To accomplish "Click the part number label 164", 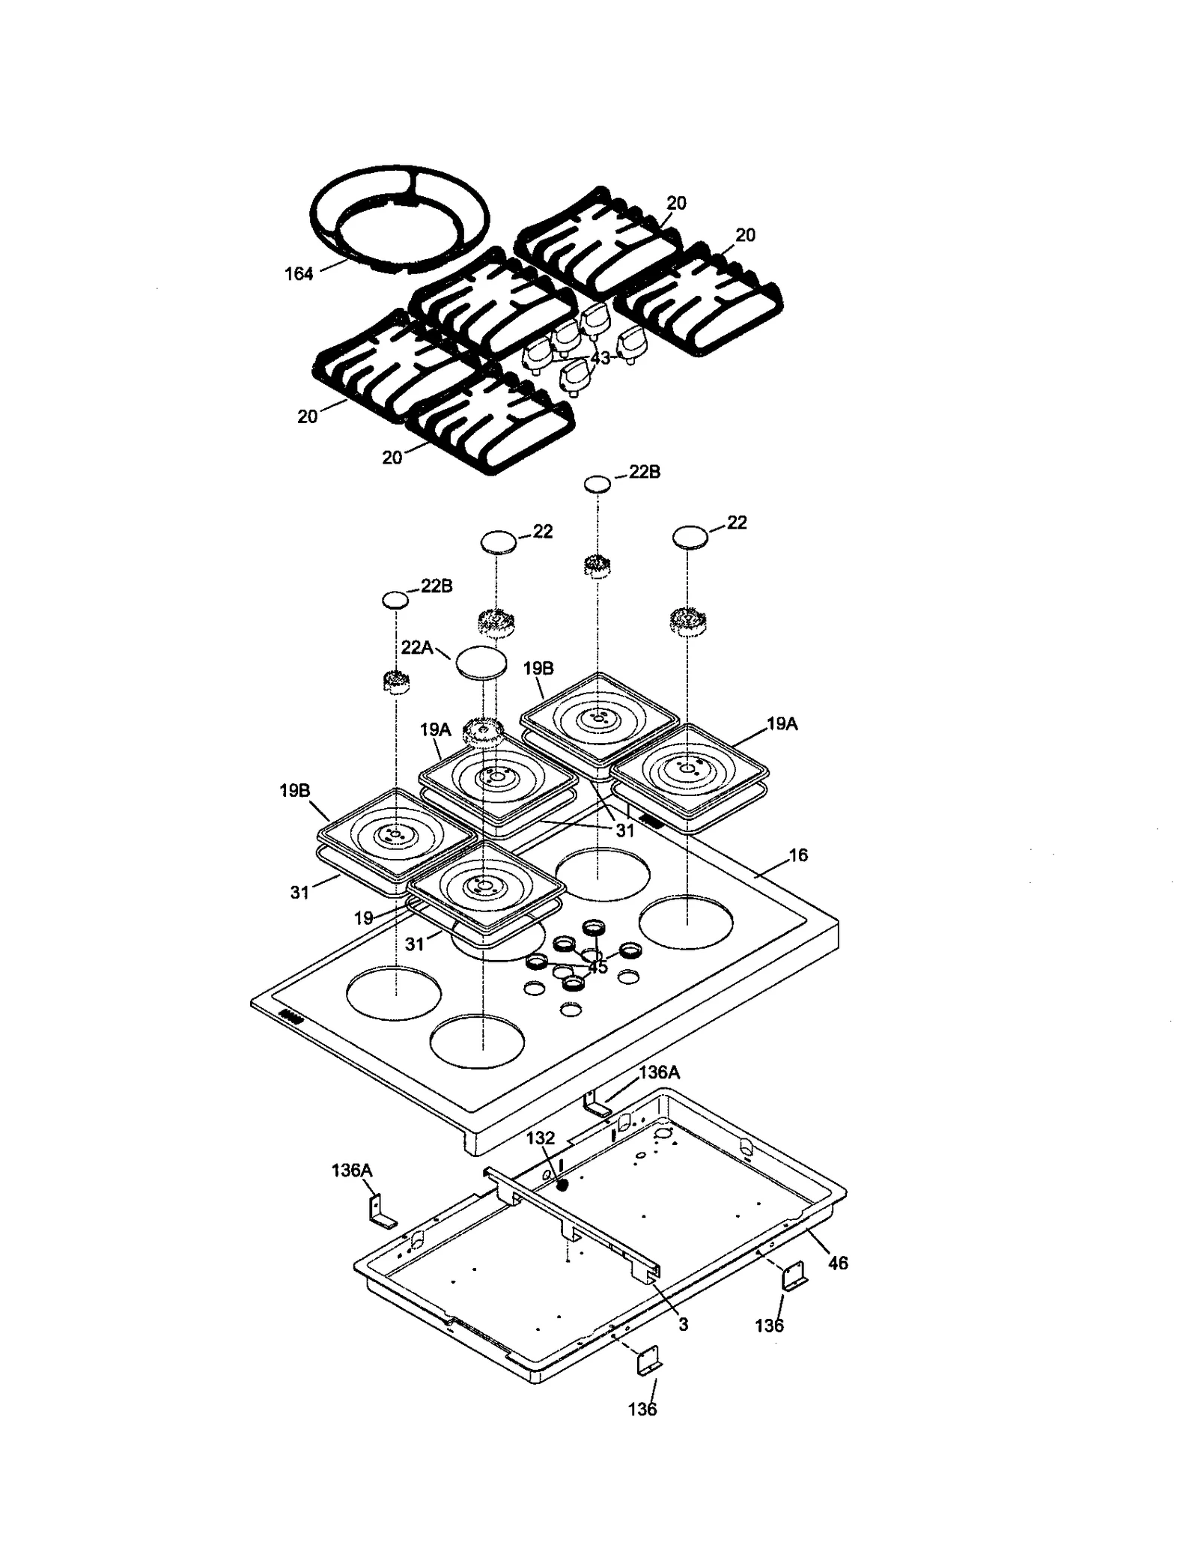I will [x=298, y=274].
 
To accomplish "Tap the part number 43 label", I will [x=600, y=358].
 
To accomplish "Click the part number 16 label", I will [x=798, y=855].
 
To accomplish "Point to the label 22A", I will [x=416, y=647].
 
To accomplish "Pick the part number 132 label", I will [x=540, y=1138].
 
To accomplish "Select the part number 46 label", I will [x=838, y=1263].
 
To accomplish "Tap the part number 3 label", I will [x=683, y=1324].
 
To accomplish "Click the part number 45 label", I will [x=597, y=968].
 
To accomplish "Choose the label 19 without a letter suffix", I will [x=364, y=918].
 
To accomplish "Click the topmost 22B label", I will [x=644, y=473].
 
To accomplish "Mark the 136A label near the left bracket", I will [x=352, y=1171].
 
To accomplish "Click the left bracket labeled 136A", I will [x=381, y=1211].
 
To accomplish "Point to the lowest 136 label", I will [x=642, y=1409].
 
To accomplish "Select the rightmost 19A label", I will [x=782, y=724].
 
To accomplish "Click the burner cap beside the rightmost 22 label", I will [x=690, y=537].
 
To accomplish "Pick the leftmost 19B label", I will [x=295, y=790].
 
